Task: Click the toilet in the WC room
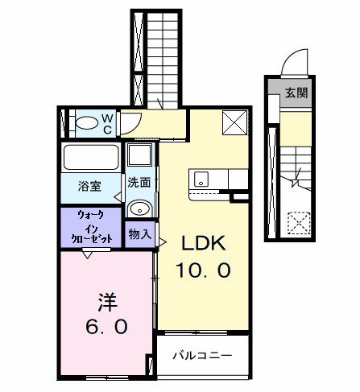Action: (x=86, y=124)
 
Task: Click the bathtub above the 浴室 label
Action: (x=90, y=156)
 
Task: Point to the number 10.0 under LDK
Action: (x=205, y=270)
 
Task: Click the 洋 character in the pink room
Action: (x=107, y=303)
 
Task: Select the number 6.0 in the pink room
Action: (x=107, y=328)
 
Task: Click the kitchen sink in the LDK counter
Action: (x=201, y=178)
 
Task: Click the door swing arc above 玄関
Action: (x=294, y=61)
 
